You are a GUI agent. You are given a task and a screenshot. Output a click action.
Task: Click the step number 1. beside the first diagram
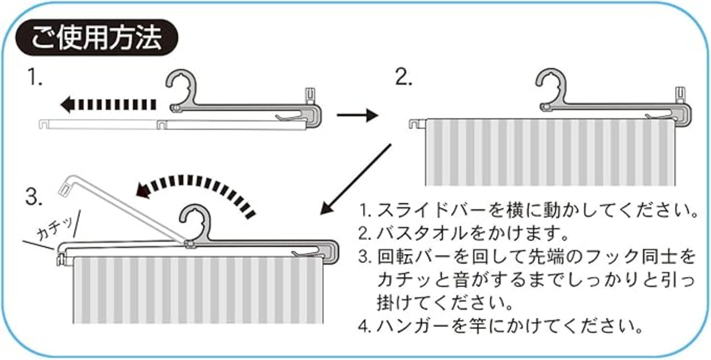[x=36, y=79]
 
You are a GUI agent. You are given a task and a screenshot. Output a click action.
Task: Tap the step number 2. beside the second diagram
[x=403, y=79]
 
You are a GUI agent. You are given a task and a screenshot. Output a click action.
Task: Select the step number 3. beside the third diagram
[x=34, y=196]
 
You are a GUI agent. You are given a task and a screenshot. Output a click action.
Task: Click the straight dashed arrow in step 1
[x=108, y=103]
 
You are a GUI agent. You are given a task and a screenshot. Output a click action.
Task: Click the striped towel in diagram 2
[x=550, y=153]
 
